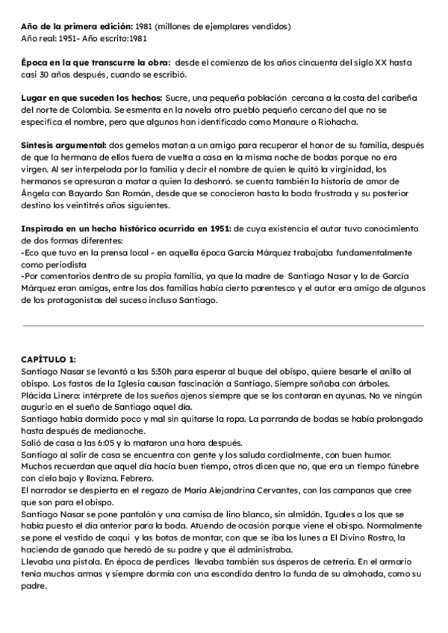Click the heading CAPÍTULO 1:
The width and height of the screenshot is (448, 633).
click(49, 359)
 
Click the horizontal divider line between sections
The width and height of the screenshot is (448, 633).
click(223, 325)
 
